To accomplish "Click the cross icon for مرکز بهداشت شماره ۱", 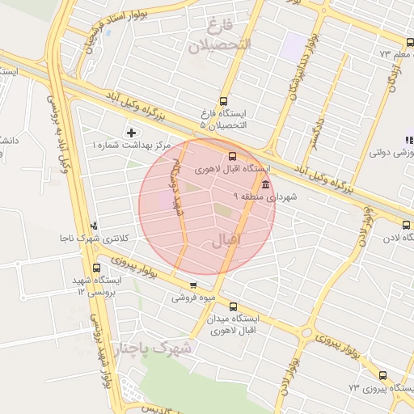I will coord(132,132).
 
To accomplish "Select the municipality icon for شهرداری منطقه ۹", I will coord(266,184).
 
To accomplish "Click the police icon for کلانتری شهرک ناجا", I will coord(95,226).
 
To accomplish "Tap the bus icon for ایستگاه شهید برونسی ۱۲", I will coord(97,268).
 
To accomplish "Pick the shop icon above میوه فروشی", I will coord(192,285).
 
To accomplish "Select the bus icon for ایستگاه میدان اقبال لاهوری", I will coord(233,306).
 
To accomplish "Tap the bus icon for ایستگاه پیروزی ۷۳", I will coord(382,375).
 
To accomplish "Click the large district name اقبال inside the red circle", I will coord(226,241).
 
